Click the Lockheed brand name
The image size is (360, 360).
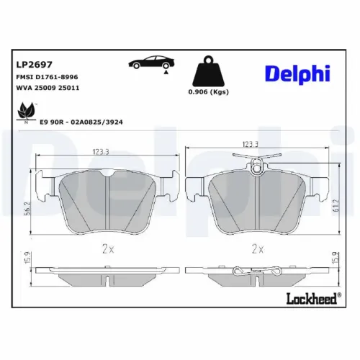[312, 298]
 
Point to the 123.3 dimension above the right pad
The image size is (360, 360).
[251, 145]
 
